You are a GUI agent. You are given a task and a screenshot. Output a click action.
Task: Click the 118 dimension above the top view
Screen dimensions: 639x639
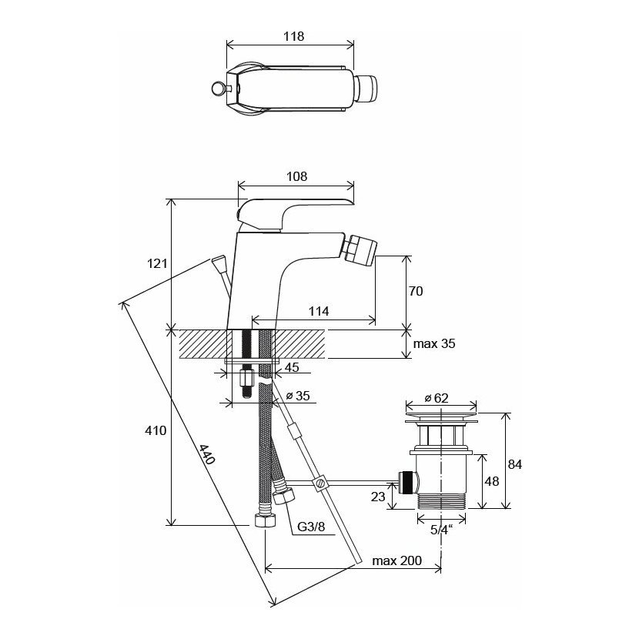(x=293, y=37)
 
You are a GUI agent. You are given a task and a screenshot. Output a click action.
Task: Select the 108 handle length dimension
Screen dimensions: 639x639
(x=296, y=176)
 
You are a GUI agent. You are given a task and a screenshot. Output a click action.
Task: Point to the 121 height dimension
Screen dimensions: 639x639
(x=157, y=263)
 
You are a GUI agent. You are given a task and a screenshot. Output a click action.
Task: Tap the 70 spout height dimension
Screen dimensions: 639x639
(x=416, y=291)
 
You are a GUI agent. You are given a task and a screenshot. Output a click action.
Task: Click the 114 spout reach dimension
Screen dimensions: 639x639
(x=318, y=311)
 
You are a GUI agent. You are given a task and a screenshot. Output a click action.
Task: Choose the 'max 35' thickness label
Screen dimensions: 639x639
(x=434, y=343)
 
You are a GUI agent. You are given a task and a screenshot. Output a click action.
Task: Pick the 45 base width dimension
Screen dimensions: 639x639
(x=292, y=367)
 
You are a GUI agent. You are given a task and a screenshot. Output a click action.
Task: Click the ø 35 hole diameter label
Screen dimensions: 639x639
(x=298, y=396)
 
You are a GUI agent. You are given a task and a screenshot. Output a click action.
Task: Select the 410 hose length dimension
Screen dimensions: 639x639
(x=156, y=430)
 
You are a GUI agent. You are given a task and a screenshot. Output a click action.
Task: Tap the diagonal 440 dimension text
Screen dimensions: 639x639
(x=206, y=454)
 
